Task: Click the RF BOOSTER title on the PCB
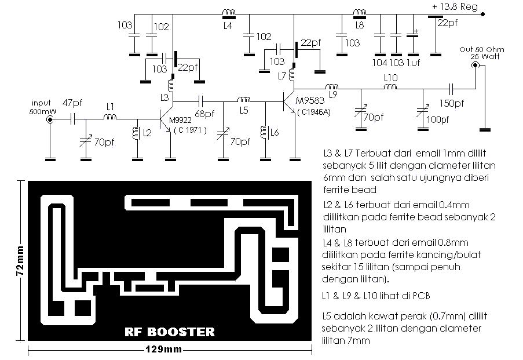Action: coord(170,332)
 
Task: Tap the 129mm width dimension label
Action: coord(163,350)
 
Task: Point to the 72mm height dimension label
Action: coord(20,261)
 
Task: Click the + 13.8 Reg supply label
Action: coord(455,7)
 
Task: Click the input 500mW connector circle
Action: coord(50,119)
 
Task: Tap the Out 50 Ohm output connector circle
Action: coord(475,65)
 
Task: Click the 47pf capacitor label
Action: coord(72,103)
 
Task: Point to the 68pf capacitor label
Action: coord(204,114)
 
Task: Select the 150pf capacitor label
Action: coord(452,103)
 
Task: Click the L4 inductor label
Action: coord(228,26)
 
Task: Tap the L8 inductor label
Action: coord(360,25)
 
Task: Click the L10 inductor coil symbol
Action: coord(390,87)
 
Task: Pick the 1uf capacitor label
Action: coord(414,63)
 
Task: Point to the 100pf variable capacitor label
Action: coord(438,119)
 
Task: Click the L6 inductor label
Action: coord(275,133)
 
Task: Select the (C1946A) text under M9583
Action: coord(314,112)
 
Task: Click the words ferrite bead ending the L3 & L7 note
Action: coord(350,190)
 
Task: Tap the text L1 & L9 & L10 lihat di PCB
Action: coord(376,296)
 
